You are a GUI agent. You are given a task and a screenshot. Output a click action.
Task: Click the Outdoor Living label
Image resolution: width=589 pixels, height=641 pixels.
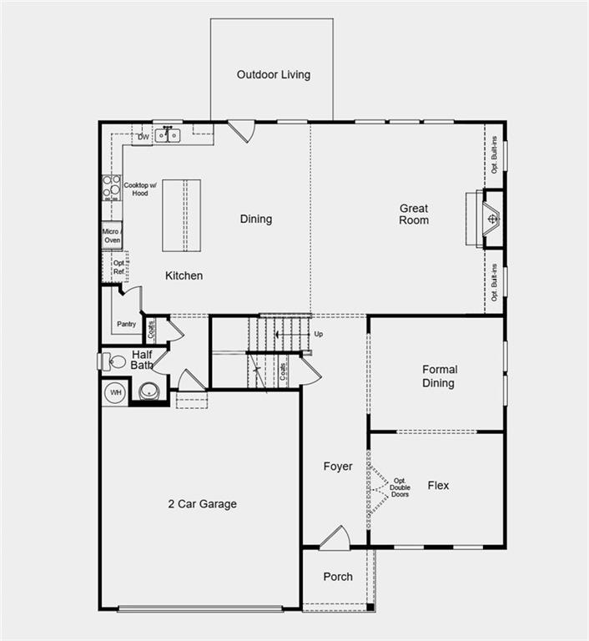[x=273, y=74]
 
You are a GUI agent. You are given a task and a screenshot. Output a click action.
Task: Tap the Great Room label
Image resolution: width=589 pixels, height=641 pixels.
[x=414, y=215]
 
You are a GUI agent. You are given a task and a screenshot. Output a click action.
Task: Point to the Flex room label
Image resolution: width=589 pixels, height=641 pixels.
[x=438, y=485]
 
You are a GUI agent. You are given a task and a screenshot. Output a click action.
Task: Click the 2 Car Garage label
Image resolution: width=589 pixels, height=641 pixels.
[x=202, y=504]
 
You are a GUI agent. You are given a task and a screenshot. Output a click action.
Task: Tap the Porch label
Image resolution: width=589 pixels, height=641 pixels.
[x=338, y=577]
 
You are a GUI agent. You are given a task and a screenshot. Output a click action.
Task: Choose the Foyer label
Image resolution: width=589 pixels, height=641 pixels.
[x=338, y=467]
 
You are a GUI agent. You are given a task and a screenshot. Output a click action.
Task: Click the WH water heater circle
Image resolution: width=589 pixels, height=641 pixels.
[x=115, y=392]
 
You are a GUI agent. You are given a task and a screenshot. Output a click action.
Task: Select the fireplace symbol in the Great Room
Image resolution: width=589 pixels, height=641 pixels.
[x=493, y=220]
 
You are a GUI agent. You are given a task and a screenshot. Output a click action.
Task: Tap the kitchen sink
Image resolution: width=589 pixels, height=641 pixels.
[x=168, y=134]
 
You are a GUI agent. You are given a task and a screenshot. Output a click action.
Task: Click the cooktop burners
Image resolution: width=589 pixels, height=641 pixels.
[x=111, y=188]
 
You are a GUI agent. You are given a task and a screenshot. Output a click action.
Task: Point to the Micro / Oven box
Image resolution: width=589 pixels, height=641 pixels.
[x=112, y=235]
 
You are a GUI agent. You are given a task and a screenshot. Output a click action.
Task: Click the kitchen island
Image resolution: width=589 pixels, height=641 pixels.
[x=185, y=215]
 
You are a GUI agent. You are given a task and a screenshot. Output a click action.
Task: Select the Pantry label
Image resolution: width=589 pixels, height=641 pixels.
[x=127, y=324]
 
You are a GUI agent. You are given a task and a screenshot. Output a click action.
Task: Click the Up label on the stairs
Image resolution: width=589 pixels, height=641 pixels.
[x=318, y=334]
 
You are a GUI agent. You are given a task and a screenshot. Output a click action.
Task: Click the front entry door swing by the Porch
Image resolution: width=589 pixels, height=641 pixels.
[x=335, y=538]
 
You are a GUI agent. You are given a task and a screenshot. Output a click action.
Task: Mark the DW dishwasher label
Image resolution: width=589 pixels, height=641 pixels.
[x=143, y=136]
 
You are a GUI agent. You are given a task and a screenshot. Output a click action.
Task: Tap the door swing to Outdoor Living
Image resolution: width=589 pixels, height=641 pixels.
[x=241, y=131]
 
